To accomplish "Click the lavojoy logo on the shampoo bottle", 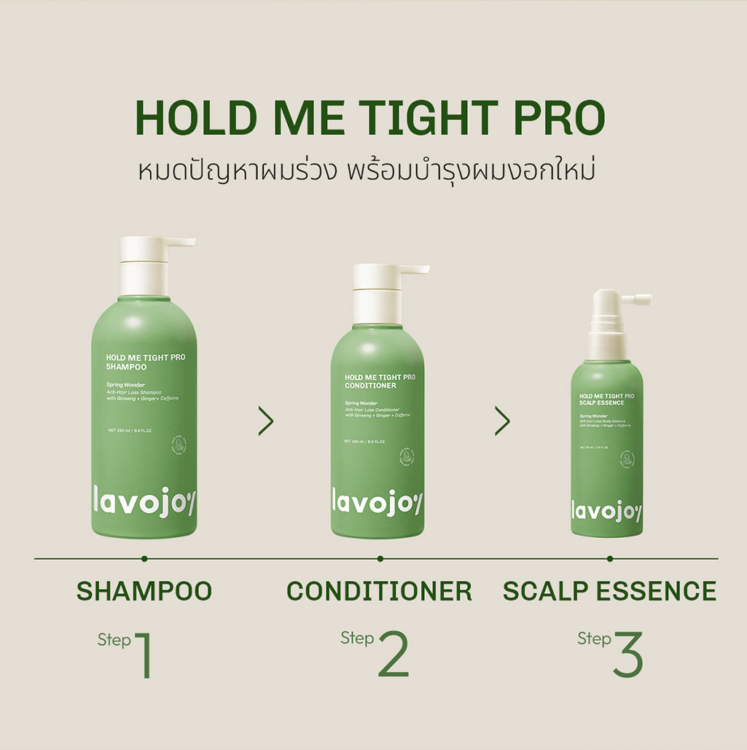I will coord(144,502).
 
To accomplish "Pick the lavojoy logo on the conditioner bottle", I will coord(377,502).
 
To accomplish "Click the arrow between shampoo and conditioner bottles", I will coord(266,421).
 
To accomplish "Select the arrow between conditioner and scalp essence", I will coord(502,421).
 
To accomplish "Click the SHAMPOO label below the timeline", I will coord(144,591).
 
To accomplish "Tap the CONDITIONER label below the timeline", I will coord(379,591).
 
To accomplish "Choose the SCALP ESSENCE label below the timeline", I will coord(609,591).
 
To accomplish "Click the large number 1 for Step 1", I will coord(144,655).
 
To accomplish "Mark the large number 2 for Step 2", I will coord(393,655).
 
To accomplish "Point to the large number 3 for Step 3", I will coord(627,655).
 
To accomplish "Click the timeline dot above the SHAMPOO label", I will coord(144,558).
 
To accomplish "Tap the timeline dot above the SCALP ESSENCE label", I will coord(610,558).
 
